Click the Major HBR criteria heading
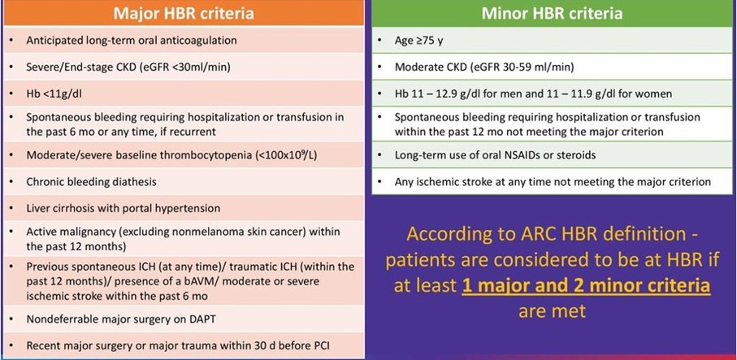click(184, 13)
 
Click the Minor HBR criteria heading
click(552, 13)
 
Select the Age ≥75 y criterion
click(418, 41)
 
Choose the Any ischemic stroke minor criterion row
click(553, 181)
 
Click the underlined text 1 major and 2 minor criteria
click(586, 286)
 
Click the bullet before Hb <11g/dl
click(11, 94)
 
